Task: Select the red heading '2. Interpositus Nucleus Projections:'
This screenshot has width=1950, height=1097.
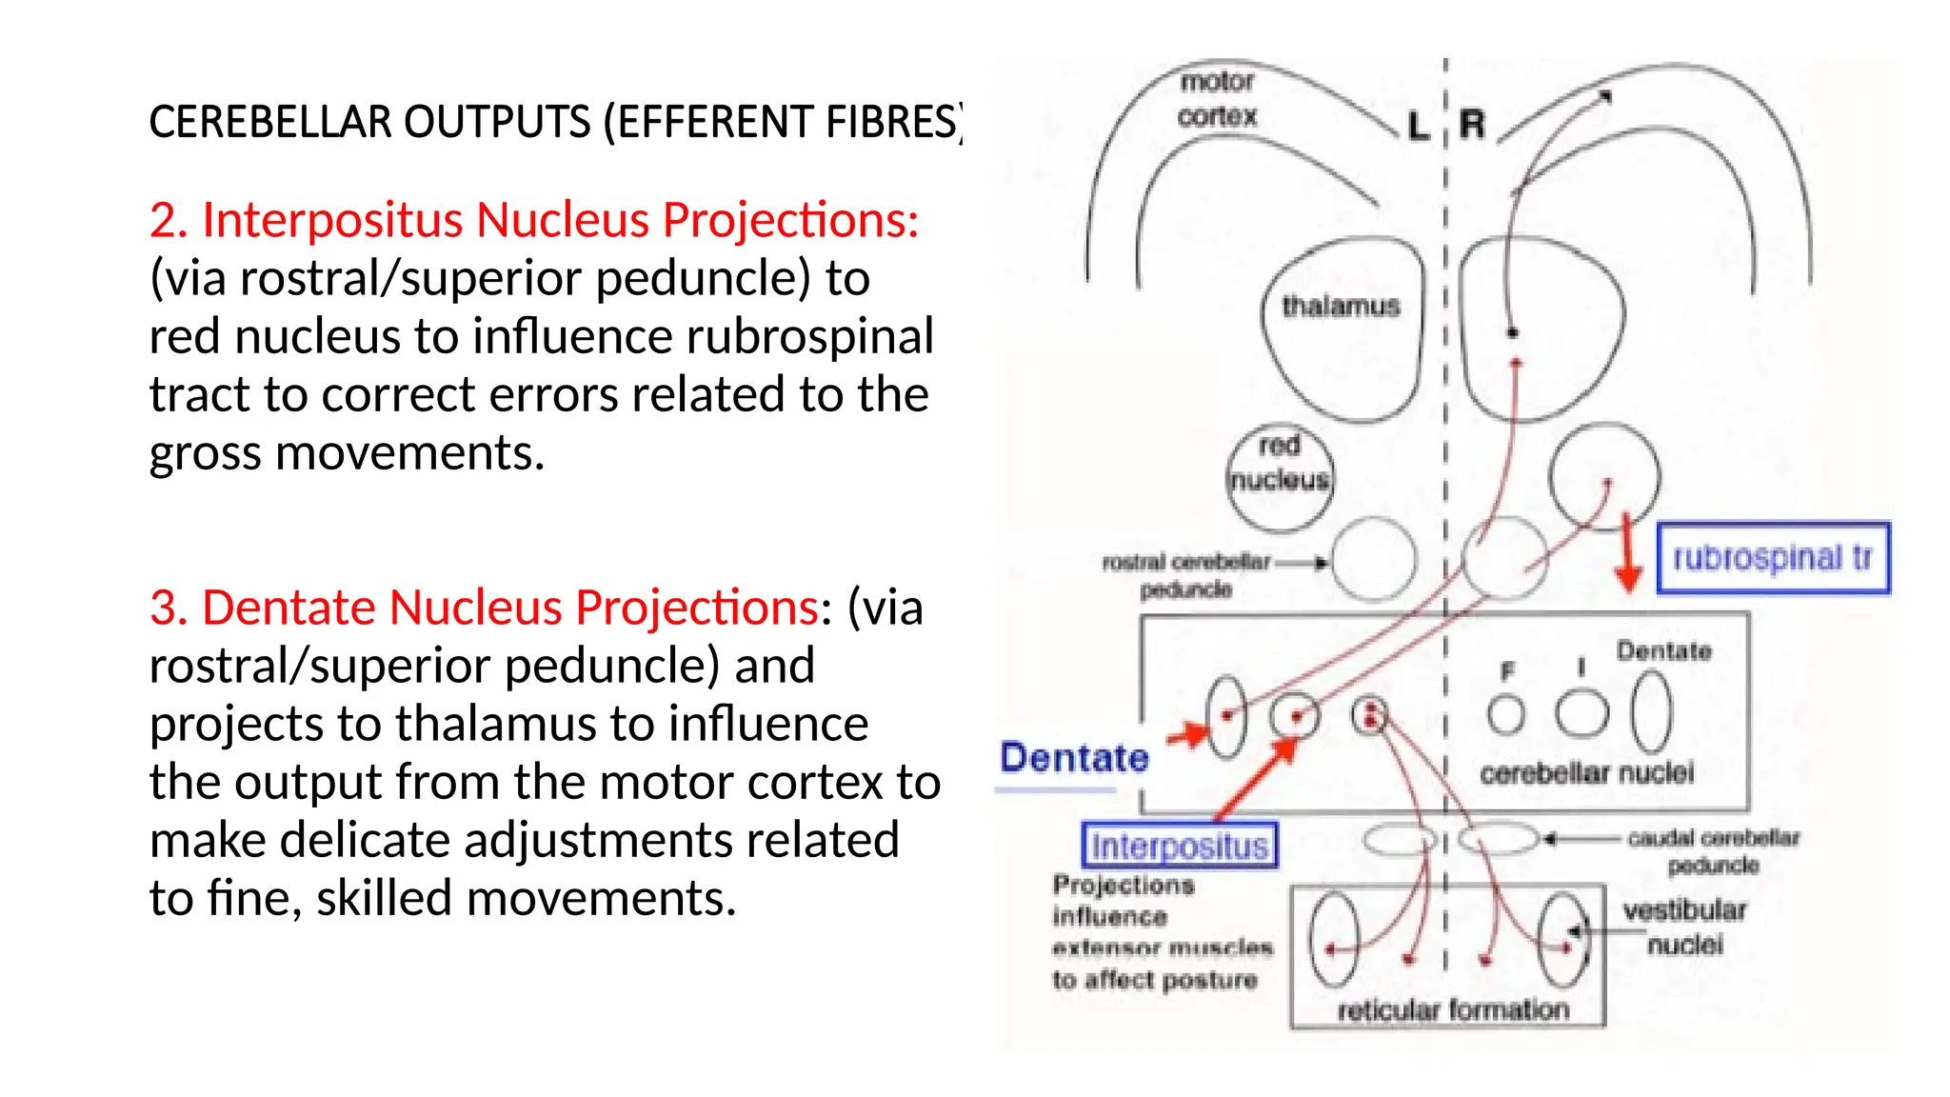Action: pyautogui.click(x=533, y=220)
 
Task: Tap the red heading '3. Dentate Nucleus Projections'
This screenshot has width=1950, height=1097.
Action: pyautogui.click(x=484, y=608)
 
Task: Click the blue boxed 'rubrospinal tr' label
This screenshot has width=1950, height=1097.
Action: pyautogui.click(x=1772, y=558)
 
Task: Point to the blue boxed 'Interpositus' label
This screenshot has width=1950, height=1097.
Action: pyautogui.click(x=1179, y=846)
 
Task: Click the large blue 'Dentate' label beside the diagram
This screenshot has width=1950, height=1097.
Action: pyautogui.click(x=1074, y=758)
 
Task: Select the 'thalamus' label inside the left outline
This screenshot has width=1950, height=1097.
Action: pyautogui.click(x=1340, y=307)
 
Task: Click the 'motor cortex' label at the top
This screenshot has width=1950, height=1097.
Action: pyautogui.click(x=1216, y=99)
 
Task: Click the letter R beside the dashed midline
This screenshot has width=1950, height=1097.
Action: pyautogui.click(x=1472, y=125)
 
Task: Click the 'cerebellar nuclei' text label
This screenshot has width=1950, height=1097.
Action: pyautogui.click(x=1586, y=772)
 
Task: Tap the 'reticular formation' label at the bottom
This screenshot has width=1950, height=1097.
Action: pyautogui.click(x=1452, y=1009)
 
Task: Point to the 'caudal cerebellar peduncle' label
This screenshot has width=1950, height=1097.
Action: pyautogui.click(x=1713, y=851)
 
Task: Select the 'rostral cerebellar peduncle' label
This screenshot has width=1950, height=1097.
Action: pyautogui.click(x=1186, y=575)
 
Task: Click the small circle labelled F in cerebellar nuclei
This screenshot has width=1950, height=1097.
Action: pyautogui.click(x=1505, y=714)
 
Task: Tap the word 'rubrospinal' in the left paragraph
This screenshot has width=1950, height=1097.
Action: pyautogui.click(x=809, y=337)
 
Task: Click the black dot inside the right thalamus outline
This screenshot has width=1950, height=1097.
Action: pyautogui.click(x=1512, y=332)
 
